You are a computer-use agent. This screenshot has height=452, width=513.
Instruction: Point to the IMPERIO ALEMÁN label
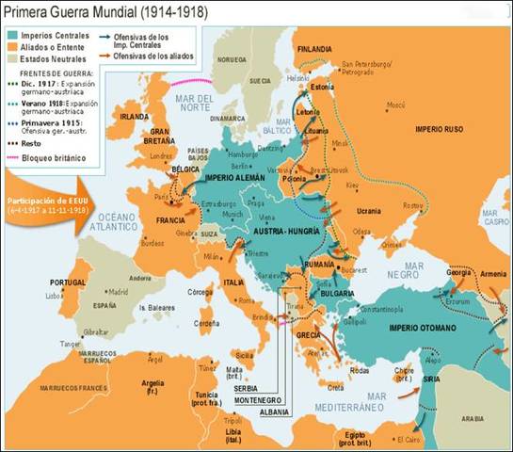[x=236, y=178]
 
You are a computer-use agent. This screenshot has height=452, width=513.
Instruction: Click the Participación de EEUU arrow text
[x=48, y=206]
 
